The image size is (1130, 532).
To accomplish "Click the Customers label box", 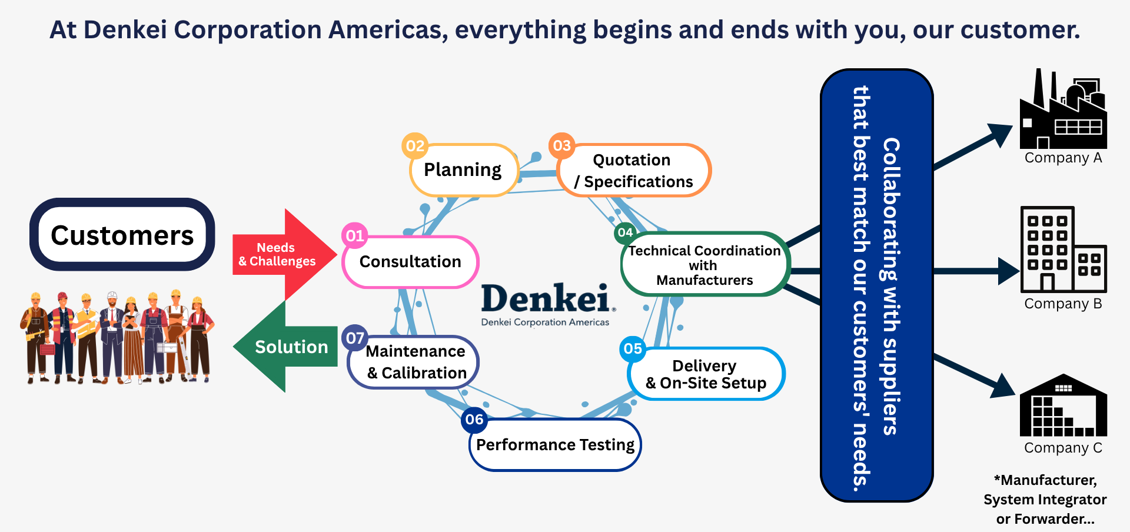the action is [x=122, y=234].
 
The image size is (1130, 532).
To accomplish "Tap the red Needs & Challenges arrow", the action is [x=284, y=254].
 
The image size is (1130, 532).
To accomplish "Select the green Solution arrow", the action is [x=285, y=347].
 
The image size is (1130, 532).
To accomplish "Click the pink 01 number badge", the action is [x=355, y=236].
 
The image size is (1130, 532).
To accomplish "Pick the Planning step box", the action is [x=463, y=170].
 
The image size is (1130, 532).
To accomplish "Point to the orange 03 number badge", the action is [x=561, y=145].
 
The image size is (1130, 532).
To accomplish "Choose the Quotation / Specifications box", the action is [x=634, y=170].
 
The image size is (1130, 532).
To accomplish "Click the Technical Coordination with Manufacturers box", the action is [x=705, y=264].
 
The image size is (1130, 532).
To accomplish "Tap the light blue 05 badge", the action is [x=633, y=349].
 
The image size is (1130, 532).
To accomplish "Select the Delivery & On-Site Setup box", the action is [x=706, y=374].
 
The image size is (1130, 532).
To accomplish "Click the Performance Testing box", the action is [x=555, y=444].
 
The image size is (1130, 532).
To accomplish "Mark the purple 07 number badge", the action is [x=355, y=338].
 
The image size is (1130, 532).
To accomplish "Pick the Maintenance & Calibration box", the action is [x=413, y=362].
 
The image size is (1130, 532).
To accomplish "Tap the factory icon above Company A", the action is [x=1063, y=109].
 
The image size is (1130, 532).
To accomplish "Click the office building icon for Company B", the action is [x=1063, y=249].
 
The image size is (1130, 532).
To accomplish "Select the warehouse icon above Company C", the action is [x=1063, y=405].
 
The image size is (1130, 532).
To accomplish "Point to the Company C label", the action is [x=1063, y=448].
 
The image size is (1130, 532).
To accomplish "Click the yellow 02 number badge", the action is [x=415, y=146].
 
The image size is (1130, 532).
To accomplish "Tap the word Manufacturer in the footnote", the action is [x=1048, y=480].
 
